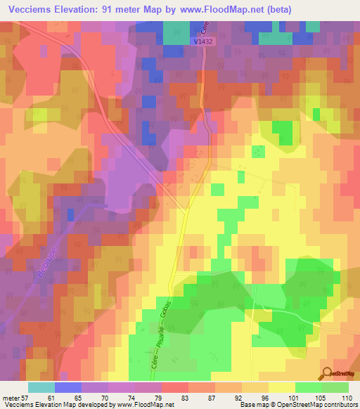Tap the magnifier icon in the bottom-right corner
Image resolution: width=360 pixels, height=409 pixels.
point(326,373)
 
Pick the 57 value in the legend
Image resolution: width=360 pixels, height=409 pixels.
point(24,398)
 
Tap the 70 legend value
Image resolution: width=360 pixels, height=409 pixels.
point(105,398)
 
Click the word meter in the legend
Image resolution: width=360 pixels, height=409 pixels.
point(9,398)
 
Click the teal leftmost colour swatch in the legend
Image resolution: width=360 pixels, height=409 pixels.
point(41,387)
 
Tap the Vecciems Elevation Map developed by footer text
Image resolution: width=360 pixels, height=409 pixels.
point(56,405)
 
